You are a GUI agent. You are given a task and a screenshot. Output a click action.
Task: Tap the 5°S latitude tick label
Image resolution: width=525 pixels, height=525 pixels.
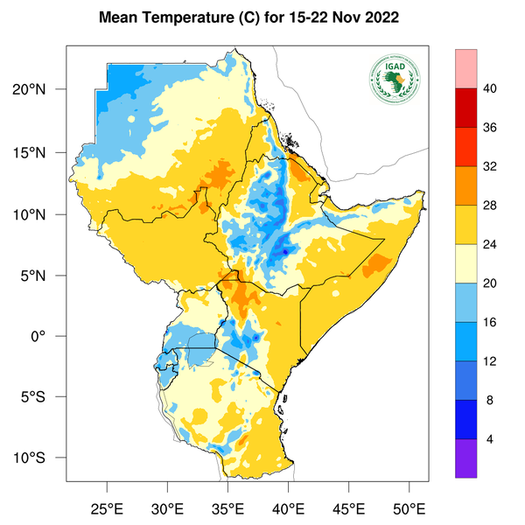[44, 397]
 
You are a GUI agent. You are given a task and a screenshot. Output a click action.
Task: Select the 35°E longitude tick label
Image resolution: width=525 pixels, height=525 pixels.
[227, 507]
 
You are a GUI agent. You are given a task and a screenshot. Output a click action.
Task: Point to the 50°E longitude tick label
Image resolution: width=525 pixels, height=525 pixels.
[409, 507]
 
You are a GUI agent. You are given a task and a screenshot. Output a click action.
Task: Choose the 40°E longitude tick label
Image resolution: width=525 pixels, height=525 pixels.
[288, 507]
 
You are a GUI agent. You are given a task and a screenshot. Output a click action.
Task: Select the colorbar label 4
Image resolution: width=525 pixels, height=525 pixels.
[490, 438]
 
